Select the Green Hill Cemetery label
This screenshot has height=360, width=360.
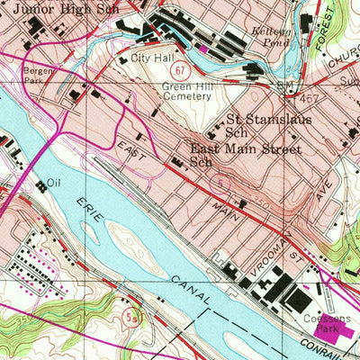(190, 93)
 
